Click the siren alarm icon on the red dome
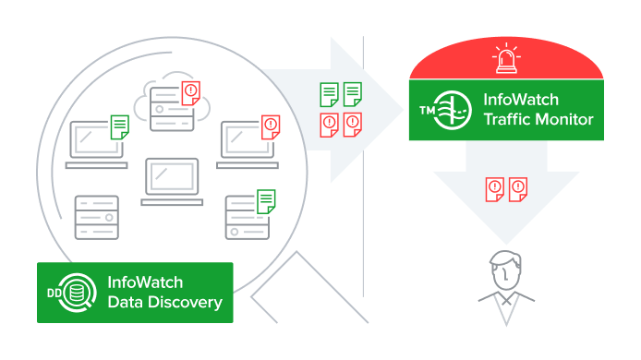coord(507,61)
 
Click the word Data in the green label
coord(125,302)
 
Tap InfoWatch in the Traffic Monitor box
coord(523,100)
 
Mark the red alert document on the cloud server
coord(190,91)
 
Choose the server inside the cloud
coord(167,102)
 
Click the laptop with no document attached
coord(171,182)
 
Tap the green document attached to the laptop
coord(118,126)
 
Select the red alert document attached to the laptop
coord(270,126)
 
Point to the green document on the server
coord(266,201)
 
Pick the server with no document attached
coord(97,218)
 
